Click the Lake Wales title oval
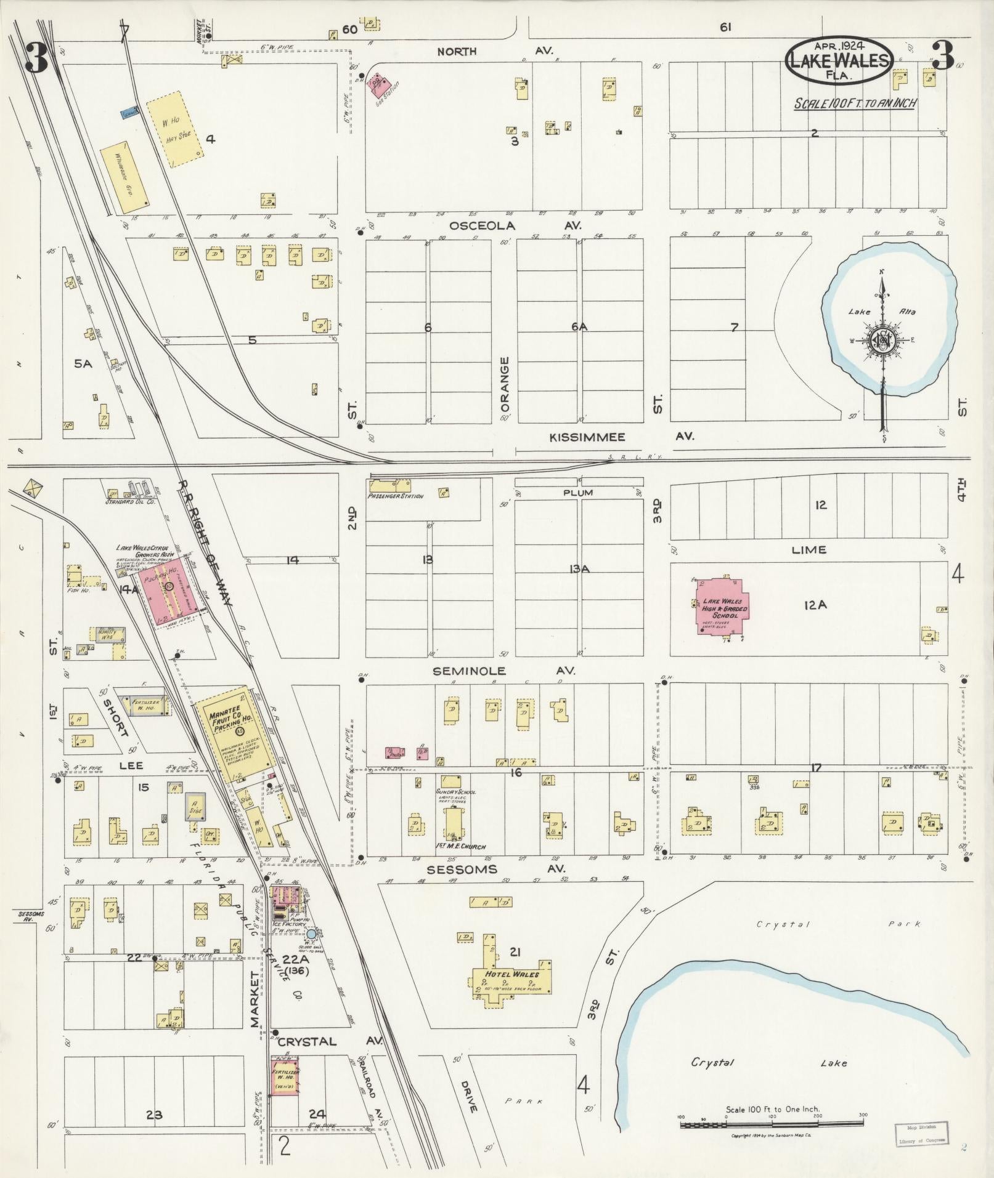pos(839,60)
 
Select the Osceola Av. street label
pos(515,226)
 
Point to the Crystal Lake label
pos(768,1063)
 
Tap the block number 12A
pos(815,605)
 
